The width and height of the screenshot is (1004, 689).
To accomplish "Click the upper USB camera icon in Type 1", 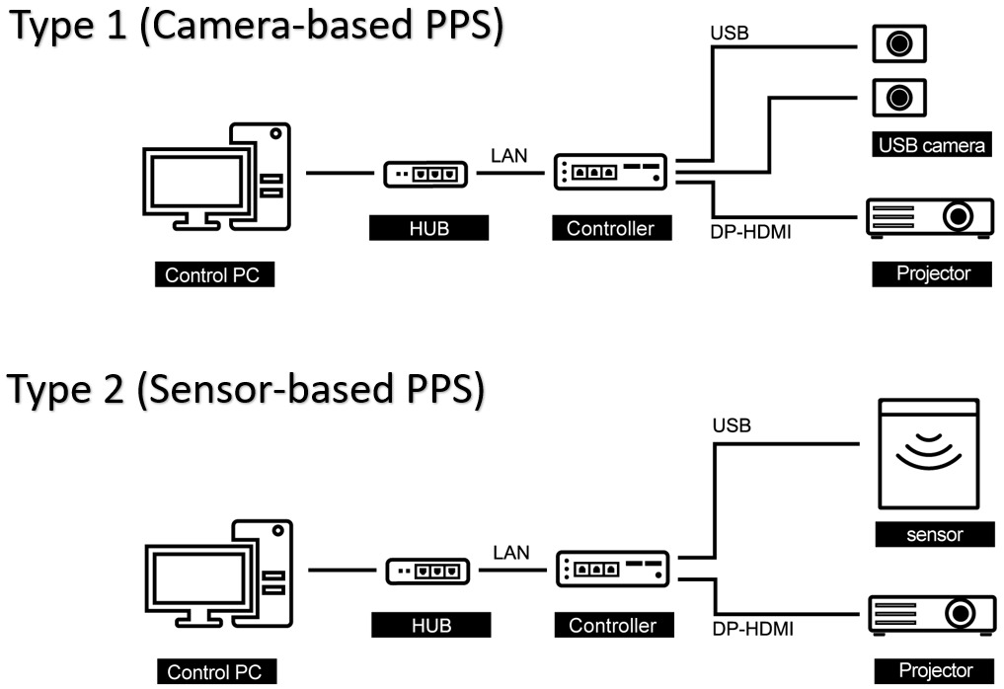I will (898, 43).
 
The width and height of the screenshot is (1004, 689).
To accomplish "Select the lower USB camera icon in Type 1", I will (898, 97).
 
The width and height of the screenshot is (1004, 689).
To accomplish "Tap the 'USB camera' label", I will (931, 146).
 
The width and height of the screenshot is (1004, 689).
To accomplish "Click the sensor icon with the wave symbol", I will (927, 451).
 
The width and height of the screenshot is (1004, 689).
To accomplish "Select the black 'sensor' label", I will (933, 535).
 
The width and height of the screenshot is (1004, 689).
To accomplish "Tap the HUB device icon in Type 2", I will (427, 572).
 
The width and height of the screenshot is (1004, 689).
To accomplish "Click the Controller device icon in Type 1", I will (610, 173).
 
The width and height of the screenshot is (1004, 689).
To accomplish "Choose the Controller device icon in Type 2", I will (613, 570).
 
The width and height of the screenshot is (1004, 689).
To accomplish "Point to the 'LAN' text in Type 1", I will (509, 155).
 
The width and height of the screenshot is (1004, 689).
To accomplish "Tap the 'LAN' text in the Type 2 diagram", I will (510, 552).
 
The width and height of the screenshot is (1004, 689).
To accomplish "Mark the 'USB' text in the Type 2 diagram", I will (731, 426).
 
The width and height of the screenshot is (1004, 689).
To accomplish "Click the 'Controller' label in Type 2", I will (612, 625).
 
